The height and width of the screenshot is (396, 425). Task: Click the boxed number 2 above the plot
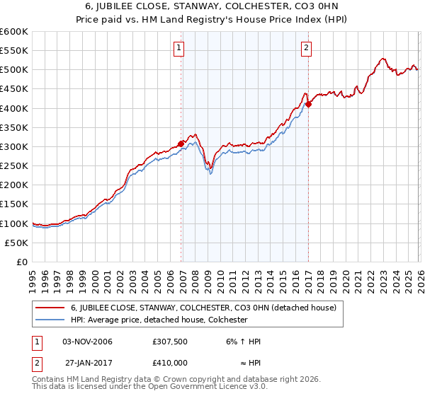tap(306, 48)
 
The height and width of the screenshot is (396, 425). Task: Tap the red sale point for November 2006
tap(181, 144)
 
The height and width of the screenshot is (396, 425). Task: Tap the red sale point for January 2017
tap(309, 104)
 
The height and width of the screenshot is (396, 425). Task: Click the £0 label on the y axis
tap(22, 262)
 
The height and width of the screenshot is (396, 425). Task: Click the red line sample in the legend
tap(50, 308)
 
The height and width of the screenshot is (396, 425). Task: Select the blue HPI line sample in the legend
tap(50, 320)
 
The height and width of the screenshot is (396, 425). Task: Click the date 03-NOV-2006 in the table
tap(87, 342)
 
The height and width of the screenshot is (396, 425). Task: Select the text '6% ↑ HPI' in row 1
tap(243, 342)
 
